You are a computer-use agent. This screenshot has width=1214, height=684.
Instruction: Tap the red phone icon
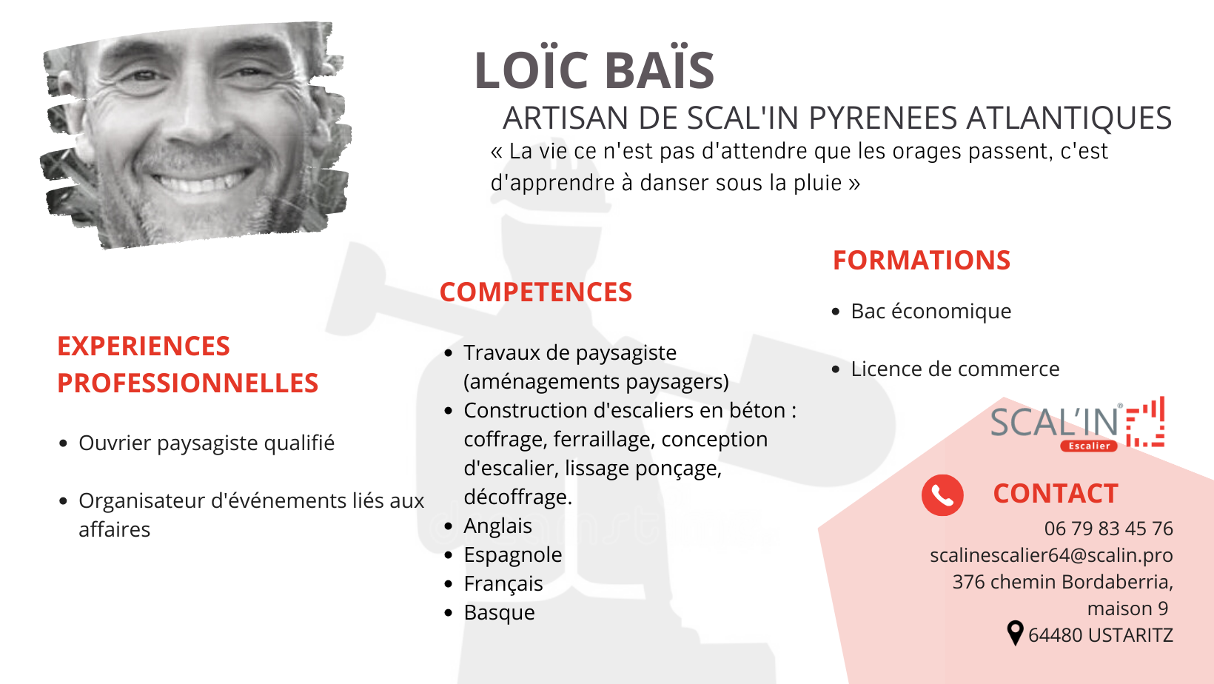click(x=942, y=494)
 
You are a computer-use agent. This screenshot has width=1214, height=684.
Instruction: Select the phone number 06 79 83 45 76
click(x=1108, y=529)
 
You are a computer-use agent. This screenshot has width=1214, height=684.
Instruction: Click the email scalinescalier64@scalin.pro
click(x=1051, y=555)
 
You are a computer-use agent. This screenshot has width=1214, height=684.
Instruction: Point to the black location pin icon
click(x=1015, y=633)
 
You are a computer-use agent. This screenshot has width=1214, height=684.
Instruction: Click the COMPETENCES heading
click(x=535, y=292)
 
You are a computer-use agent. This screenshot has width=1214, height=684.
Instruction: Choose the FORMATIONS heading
click(x=922, y=260)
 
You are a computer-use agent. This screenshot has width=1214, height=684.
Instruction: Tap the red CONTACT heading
click(x=1055, y=494)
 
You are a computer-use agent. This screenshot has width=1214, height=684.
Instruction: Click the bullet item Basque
click(x=499, y=613)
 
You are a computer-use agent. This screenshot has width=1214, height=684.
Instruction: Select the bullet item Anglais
click(x=497, y=526)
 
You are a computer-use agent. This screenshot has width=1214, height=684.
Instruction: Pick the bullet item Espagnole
click(x=513, y=555)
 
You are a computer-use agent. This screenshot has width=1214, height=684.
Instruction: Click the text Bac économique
click(x=930, y=312)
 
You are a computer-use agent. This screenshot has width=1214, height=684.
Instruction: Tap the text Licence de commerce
click(x=955, y=369)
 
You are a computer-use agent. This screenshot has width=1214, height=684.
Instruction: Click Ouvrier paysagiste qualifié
click(x=207, y=443)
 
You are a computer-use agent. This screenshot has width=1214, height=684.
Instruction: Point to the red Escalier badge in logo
click(x=1089, y=446)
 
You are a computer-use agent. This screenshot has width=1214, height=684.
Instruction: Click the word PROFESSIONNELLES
click(x=187, y=383)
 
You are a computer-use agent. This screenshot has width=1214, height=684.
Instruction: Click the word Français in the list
click(x=503, y=585)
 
